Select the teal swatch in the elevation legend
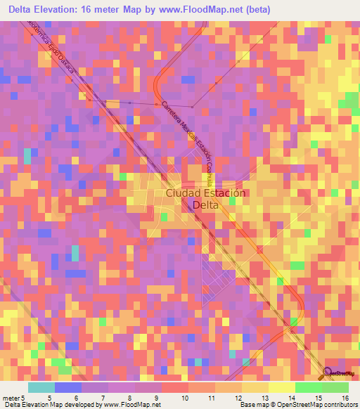pyautogui.click(x=41, y=387)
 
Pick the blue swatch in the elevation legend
pyautogui.click(x=68, y=387)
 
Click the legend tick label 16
pyautogui.click(x=347, y=398)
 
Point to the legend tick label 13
pyautogui.click(x=266, y=398)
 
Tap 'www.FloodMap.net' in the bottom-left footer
pyautogui.click(x=132, y=405)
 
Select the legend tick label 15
pyautogui.click(x=320, y=398)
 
